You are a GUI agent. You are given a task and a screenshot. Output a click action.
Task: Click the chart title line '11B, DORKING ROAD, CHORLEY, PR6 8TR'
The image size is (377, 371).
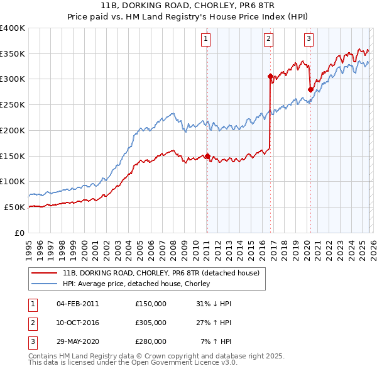click(188, 7)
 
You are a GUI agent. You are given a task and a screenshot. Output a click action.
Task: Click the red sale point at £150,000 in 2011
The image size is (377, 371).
click(207, 156)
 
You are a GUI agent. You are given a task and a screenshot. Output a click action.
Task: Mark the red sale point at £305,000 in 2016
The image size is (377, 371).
click(270, 77)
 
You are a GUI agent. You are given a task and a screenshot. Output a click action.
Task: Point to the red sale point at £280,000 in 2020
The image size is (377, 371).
click(310, 89)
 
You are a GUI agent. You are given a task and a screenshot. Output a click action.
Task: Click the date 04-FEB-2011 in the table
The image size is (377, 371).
click(77, 303)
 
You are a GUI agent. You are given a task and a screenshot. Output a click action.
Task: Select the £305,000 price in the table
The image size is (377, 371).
click(151, 322)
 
